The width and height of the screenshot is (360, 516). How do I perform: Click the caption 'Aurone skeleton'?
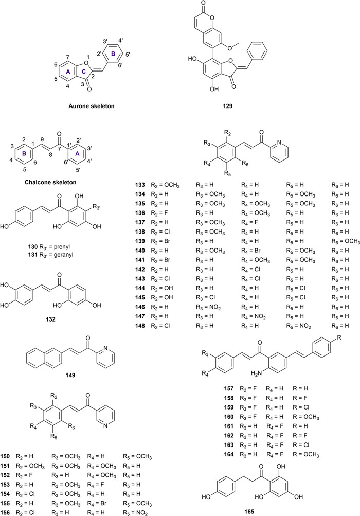91,106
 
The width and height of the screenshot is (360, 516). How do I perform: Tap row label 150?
8,455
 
